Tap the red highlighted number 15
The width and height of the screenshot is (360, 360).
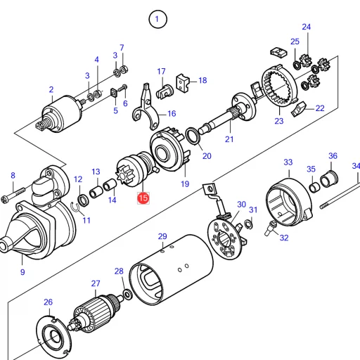(x=143, y=199)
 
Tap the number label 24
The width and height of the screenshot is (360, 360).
(x=306, y=27)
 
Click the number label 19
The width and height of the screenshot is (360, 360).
(x=185, y=184)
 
